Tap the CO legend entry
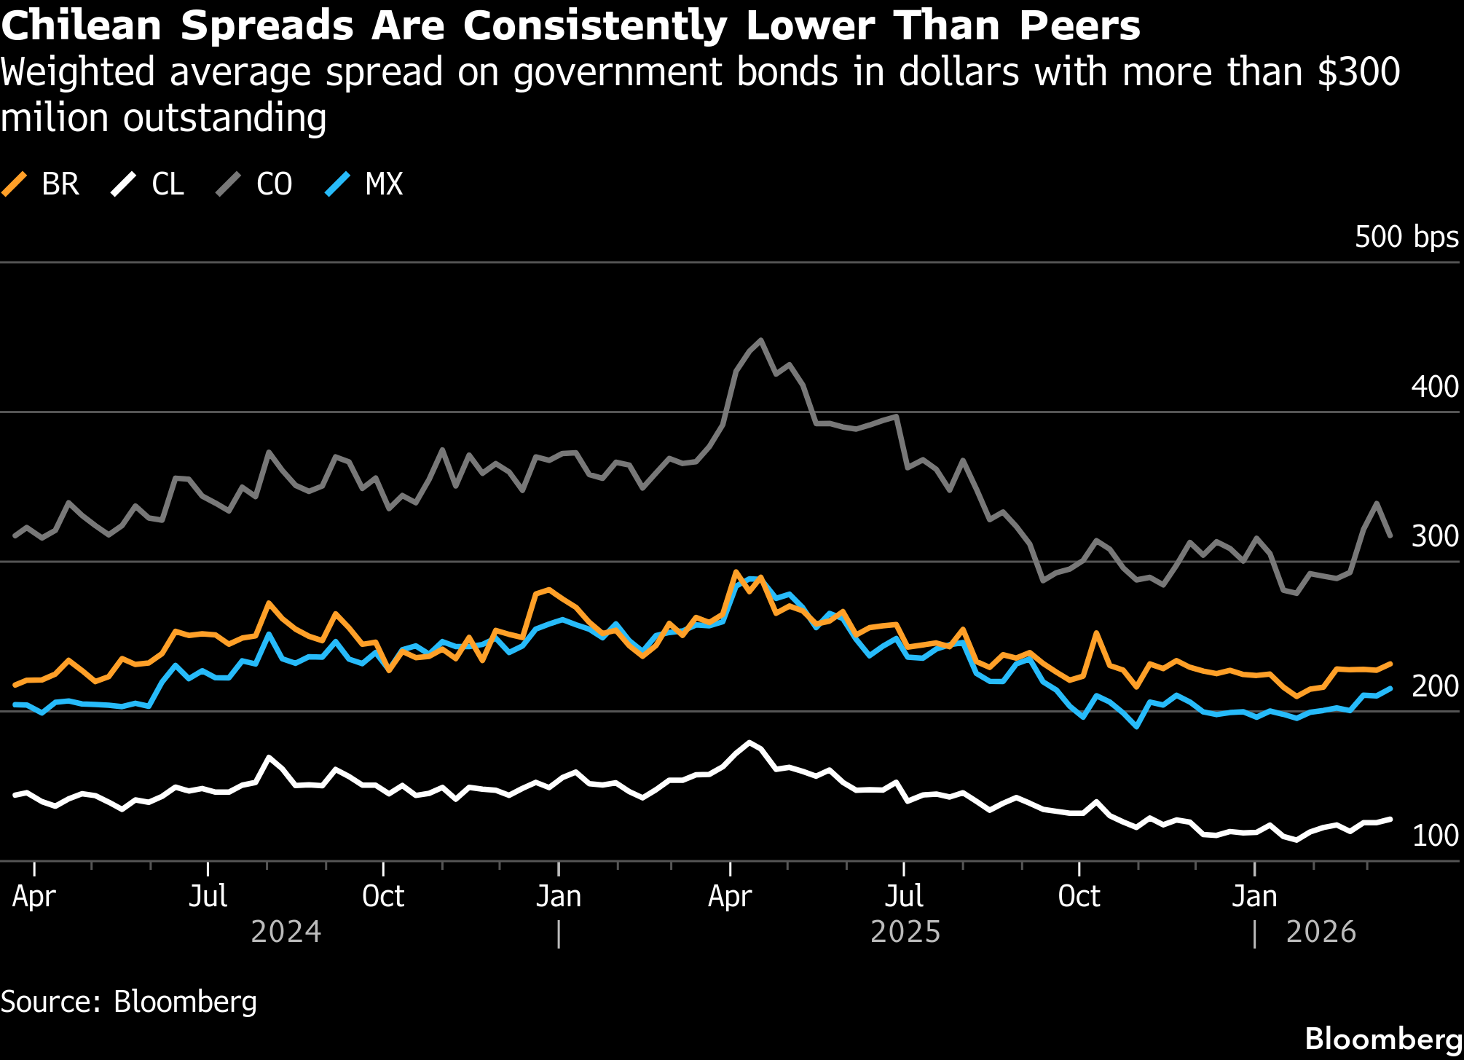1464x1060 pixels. click(x=255, y=184)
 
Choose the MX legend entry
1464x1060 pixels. click(x=364, y=184)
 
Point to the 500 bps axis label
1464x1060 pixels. click(x=1406, y=237)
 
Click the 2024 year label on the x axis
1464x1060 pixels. click(x=286, y=932)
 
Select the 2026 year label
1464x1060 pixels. click(x=1321, y=932)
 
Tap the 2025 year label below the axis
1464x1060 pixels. click(x=905, y=932)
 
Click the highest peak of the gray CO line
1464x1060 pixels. click(x=761, y=340)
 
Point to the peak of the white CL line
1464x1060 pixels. click(x=749, y=742)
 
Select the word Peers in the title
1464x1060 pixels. click(x=1079, y=26)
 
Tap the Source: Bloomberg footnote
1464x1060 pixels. click(x=129, y=1002)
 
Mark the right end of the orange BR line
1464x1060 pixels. click(x=1390, y=664)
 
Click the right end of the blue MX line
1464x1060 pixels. click(x=1390, y=688)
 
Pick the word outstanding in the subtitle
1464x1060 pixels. click(x=224, y=118)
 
